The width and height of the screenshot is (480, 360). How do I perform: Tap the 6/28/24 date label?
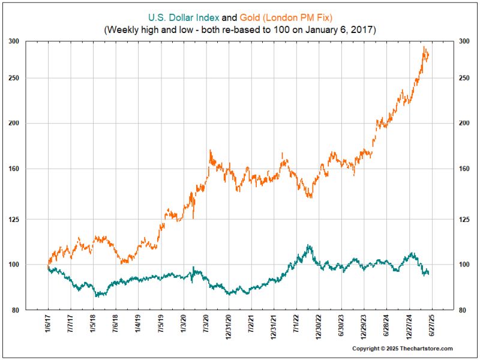(386, 326)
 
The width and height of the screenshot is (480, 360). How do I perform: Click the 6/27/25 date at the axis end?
(431, 326)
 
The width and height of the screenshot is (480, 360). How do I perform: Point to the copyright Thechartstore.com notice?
(402, 349)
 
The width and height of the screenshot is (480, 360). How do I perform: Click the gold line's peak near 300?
(424, 47)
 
